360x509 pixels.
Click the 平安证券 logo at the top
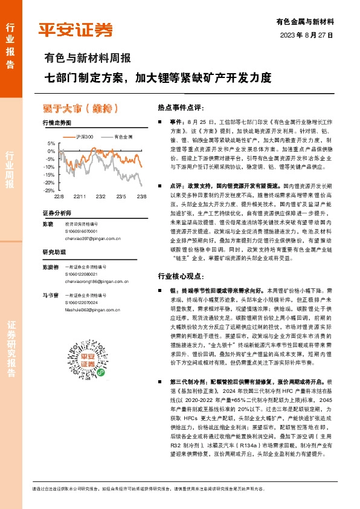(x=76, y=29)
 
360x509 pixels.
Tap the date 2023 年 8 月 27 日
(x=307, y=35)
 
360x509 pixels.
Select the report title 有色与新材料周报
(x=88, y=59)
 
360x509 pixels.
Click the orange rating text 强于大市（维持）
(x=79, y=108)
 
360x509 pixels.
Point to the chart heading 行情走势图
(x=57, y=123)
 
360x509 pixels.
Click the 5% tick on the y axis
(x=51, y=143)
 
